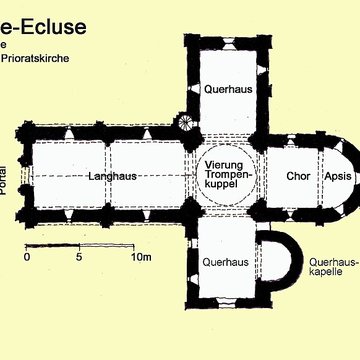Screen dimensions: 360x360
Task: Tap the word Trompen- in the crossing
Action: pos(226,175)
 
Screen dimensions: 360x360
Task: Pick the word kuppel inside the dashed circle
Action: pos(226,187)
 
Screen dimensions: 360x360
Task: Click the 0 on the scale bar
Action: pos(27,257)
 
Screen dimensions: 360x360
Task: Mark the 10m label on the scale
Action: pos(139,257)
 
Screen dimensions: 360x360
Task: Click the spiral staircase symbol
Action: pos(187,123)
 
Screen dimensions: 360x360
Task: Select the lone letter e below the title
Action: pos(4,45)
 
